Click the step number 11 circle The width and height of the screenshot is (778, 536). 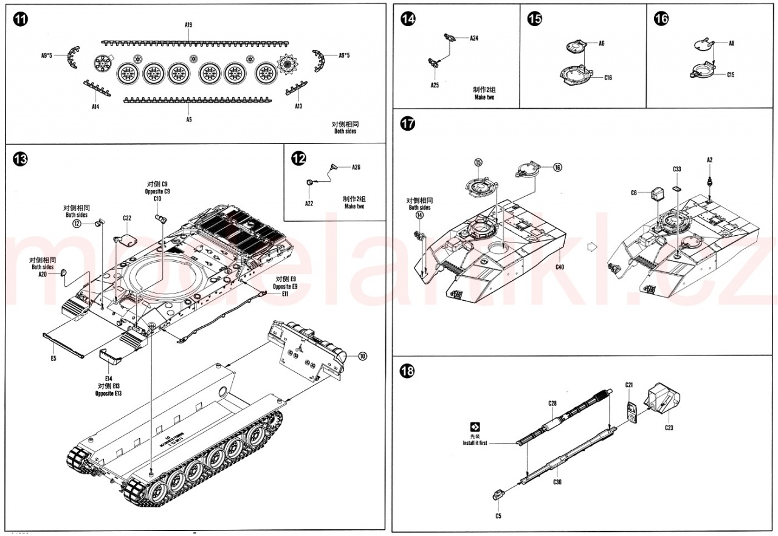pyautogui.click(x=20, y=19)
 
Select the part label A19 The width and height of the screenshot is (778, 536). pyautogui.click(x=188, y=25)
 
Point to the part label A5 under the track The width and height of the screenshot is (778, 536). pyautogui.click(x=189, y=120)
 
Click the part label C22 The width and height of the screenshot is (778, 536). pyautogui.click(x=127, y=218)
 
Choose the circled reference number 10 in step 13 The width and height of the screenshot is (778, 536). pyautogui.click(x=362, y=356)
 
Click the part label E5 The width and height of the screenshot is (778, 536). pyautogui.click(x=53, y=359)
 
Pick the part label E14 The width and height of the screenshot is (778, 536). pyautogui.click(x=109, y=378)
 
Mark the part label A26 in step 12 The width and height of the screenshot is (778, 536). pyautogui.click(x=356, y=167)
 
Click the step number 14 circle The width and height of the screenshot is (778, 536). pyautogui.click(x=408, y=19)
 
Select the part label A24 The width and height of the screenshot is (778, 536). pyautogui.click(x=474, y=38)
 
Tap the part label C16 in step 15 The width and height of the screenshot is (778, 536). pyautogui.click(x=608, y=78)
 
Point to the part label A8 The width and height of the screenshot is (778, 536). pyautogui.click(x=731, y=43)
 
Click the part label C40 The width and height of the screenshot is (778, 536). pyautogui.click(x=559, y=267)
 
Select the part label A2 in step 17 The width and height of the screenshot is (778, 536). pyautogui.click(x=709, y=160)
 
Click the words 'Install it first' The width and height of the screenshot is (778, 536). pyautogui.click(x=475, y=443)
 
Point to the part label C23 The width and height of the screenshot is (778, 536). pyautogui.click(x=669, y=427)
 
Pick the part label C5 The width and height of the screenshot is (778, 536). pyautogui.click(x=498, y=516)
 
